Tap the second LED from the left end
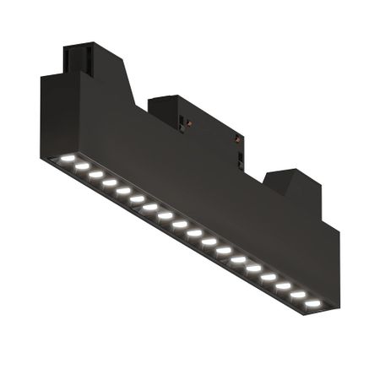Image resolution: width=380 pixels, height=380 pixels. [x=82, y=167]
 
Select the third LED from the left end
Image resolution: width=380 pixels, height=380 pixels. [x=95, y=175]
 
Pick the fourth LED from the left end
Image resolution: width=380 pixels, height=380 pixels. [x=109, y=182]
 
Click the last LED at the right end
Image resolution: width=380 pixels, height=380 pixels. [x=312, y=301]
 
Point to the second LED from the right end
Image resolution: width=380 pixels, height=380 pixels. [x=298, y=294]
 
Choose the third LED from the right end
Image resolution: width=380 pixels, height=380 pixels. [x=284, y=285]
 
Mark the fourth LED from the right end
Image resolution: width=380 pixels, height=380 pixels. [x=269, y=277]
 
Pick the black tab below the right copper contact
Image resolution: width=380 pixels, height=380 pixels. [x=241, y=157]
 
